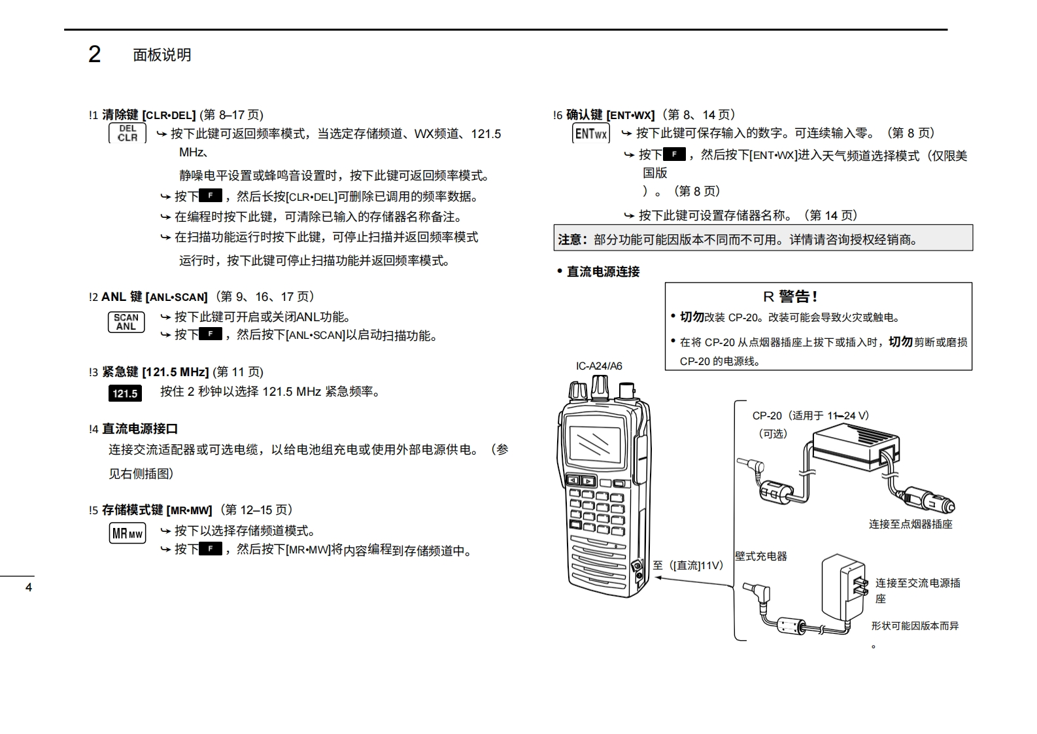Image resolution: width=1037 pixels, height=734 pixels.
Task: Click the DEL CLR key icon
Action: point(127,133)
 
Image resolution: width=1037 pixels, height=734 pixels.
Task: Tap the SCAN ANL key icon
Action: point(126,322)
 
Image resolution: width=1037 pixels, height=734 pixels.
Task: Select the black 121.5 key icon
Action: point(125,393)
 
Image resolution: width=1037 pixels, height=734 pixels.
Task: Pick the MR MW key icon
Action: point(127,533)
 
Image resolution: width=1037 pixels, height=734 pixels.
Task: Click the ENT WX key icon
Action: point(591,134)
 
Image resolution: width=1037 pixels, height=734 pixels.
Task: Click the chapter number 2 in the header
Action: point(95,54)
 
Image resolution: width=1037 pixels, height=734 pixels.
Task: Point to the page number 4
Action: point(28,587)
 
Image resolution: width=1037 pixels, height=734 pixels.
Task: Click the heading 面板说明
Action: point(162,55)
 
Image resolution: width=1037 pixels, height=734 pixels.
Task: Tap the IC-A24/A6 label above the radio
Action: point(599,366)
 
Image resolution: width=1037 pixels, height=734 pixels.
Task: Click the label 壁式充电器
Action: point(761,556)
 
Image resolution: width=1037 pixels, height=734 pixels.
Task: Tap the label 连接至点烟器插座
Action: point(910,524)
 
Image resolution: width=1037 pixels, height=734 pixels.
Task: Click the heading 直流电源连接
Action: point(603,271)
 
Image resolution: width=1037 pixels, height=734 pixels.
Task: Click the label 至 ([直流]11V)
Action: point(688,565)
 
